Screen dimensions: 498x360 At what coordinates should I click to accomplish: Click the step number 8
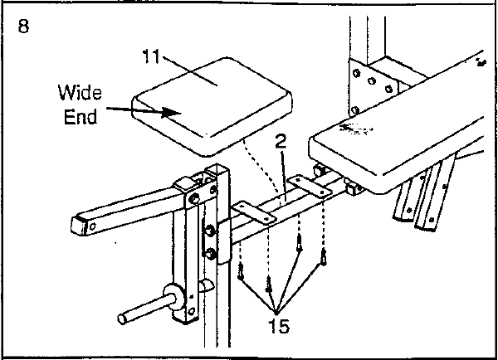coord(23,26)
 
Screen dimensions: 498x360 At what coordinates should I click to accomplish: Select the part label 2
coord(281,141)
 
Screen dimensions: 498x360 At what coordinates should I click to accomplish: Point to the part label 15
coord(279,326)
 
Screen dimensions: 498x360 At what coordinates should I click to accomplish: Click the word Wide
coord(80,92)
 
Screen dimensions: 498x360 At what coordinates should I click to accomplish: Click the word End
coord(81,117)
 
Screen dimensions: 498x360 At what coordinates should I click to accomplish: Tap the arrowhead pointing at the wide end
coord(172,112)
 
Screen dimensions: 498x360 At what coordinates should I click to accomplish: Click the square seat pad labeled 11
coord(212,106)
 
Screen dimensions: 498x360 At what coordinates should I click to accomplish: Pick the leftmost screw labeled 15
coord(241,271)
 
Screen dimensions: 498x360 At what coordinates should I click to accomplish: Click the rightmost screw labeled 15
coord(324,257)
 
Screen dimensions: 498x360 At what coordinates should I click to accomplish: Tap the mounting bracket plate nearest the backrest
coord(310,185)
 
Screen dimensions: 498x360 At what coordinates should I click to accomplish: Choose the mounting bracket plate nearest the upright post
coord(254,213)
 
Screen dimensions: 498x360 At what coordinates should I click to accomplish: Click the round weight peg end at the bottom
coord(122,319)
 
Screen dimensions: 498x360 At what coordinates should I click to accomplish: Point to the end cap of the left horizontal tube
coord(80,225)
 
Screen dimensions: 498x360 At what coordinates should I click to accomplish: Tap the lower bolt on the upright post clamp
coord(210,254)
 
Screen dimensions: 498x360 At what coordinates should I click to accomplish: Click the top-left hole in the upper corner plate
coord(356,74)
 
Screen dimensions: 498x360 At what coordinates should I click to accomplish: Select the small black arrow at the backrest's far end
coord(481,62)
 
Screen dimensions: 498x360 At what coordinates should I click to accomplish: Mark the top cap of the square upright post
coord(217,169)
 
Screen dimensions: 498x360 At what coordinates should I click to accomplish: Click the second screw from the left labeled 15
coord(269,285)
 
